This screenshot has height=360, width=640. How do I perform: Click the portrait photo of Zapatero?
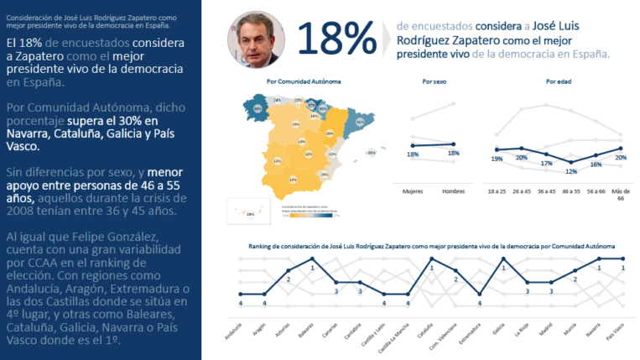pyautogui.click(x=252, y=39)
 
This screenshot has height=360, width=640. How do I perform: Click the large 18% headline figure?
pyautogui.click(x=336, y=39)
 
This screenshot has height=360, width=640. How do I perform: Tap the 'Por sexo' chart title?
pyautogui.click(x=433, y=81)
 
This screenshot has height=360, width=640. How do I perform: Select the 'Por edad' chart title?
pyautogui.click(x=556, y=81)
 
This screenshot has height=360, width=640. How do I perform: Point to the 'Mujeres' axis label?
pyautogui.click(x=412, y=191)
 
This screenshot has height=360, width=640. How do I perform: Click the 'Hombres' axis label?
pyautogui.click(x=454, y=191)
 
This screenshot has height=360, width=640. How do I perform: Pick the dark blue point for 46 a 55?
pyautogui.click(x=571, y=163)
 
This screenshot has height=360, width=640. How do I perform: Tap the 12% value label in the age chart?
pyautogui.click(x=571, y=172)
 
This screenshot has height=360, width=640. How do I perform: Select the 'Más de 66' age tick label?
pyautogui.click(x=621, y=194)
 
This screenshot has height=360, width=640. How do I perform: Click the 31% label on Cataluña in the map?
pyautogui.click(x=359, y=122)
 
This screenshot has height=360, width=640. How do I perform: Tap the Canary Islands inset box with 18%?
pyautogui.click(x=251, y=213)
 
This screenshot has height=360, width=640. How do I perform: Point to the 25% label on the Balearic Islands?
pyautogui.click(x=371, y=153)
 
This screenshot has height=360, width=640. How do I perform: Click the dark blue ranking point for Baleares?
pyautogui.click(x=312, y=258)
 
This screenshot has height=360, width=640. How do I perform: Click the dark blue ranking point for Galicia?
pyautogui.click(x=503, y=258)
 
